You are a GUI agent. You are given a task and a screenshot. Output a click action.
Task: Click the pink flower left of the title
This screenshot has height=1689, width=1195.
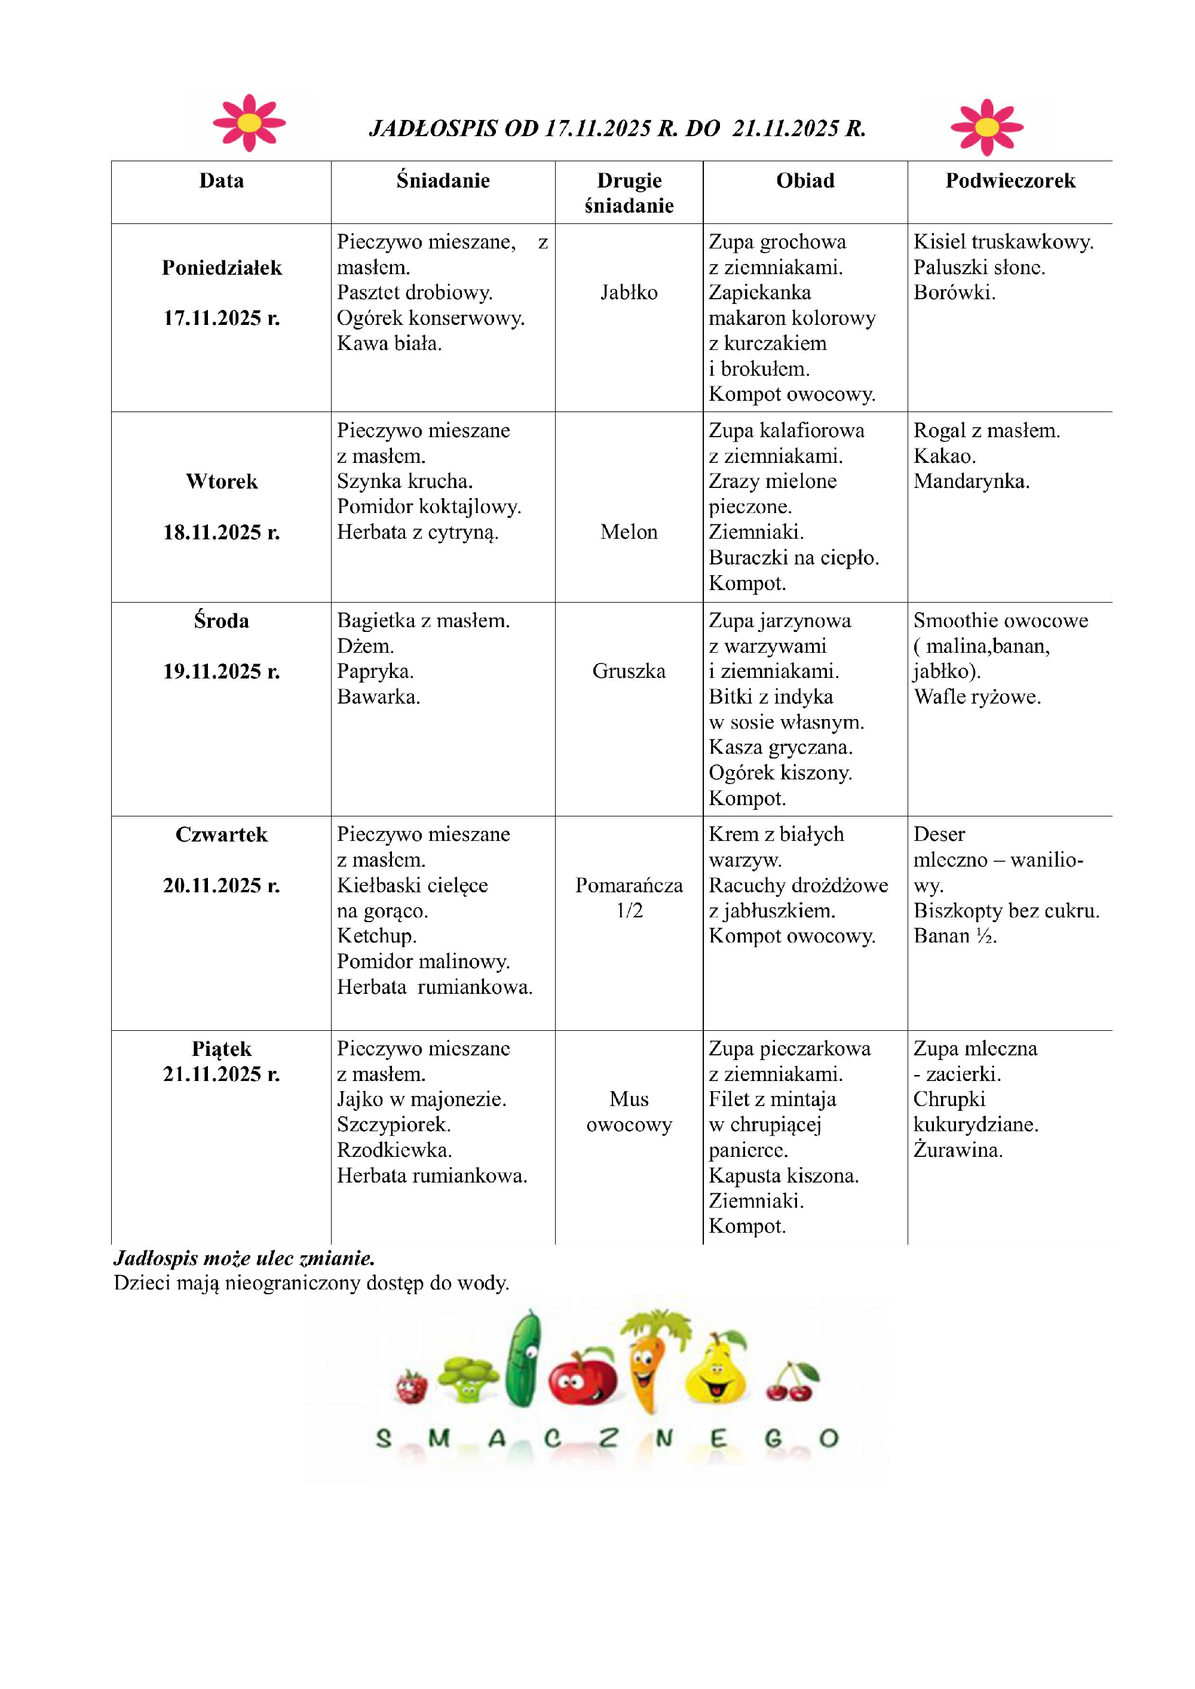coord(249,123)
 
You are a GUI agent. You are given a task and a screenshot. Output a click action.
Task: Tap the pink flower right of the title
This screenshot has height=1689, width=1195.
coord(986,127)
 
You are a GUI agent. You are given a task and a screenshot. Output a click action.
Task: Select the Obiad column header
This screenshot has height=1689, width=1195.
coord(805,181)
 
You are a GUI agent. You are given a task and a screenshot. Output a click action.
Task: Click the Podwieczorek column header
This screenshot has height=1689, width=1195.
coord(1010,181)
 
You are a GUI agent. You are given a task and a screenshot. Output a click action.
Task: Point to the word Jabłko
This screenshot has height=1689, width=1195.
coord(629,293)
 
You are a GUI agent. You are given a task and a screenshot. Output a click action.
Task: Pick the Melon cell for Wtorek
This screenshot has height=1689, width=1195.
coord(629,532)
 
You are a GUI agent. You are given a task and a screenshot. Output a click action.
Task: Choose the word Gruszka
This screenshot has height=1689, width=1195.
coord(629,671)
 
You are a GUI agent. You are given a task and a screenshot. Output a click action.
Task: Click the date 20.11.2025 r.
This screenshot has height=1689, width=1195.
coord(222,885)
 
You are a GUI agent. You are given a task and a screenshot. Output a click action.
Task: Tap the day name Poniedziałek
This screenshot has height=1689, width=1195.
coord(222,268)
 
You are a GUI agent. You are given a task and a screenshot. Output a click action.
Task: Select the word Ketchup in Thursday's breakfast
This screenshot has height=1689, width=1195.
coord(376,936)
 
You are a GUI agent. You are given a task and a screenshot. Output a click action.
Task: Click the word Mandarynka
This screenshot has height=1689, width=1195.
coord(972,481)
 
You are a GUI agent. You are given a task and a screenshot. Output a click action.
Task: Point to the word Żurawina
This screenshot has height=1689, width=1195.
coord(958,1150)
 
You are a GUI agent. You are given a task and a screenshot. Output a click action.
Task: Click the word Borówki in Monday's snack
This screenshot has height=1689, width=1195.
coord(954,293)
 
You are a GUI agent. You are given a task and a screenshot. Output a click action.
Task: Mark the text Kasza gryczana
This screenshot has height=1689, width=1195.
coord(780,747)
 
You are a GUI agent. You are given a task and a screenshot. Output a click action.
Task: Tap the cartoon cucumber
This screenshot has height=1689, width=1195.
coord(523,1359)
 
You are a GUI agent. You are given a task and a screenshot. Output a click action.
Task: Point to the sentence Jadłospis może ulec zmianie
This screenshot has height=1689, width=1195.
coord(244,1258)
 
